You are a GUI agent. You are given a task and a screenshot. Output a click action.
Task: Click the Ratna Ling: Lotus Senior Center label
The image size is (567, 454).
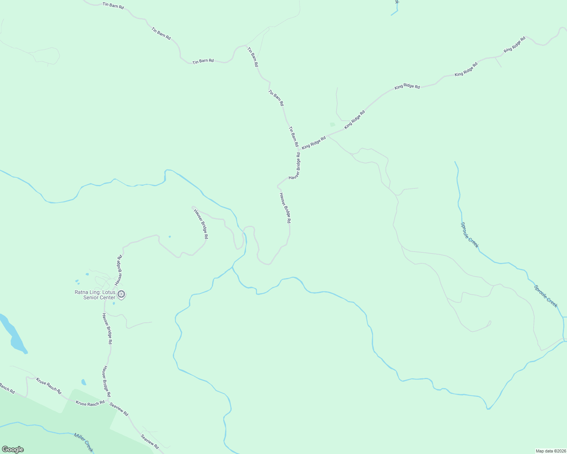coord(94,295)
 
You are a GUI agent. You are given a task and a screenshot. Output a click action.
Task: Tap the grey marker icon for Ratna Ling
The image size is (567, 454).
coord(121,294)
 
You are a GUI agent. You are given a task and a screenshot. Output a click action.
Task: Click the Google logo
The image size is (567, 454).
coord(13,449)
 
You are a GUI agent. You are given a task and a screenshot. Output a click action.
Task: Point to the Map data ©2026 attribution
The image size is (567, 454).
coord(550,451)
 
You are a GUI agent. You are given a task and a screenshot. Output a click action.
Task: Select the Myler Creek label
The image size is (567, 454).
coord(83,443)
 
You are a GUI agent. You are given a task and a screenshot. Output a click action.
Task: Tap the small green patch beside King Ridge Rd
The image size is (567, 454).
coord(332,124)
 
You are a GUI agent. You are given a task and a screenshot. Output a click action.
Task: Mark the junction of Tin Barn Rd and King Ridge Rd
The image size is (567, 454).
coord(300,150)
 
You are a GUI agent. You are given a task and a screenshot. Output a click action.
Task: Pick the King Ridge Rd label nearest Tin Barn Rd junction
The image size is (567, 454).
coord(314,143)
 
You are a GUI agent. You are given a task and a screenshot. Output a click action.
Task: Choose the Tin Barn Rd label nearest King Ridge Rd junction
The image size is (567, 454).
coord(294,137)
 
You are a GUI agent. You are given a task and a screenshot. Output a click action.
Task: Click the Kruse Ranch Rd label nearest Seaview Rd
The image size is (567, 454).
coord(90,403)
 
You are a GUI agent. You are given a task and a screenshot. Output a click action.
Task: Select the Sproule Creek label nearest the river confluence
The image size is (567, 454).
coord(546,296)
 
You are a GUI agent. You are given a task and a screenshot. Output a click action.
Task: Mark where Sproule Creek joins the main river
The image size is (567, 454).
coord(564,340)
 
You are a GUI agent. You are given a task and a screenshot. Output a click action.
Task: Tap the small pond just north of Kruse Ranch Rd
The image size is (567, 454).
coord(84,382)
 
